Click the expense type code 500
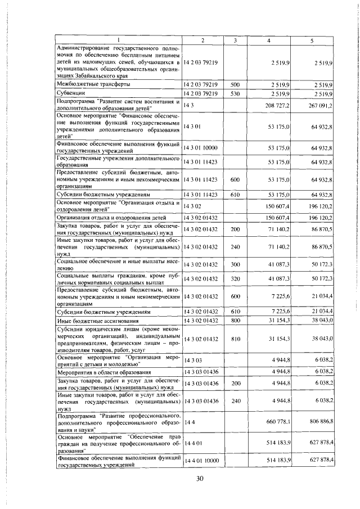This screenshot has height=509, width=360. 235,84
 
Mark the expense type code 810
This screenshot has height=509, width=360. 235,338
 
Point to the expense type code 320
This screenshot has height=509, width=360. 235,279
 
